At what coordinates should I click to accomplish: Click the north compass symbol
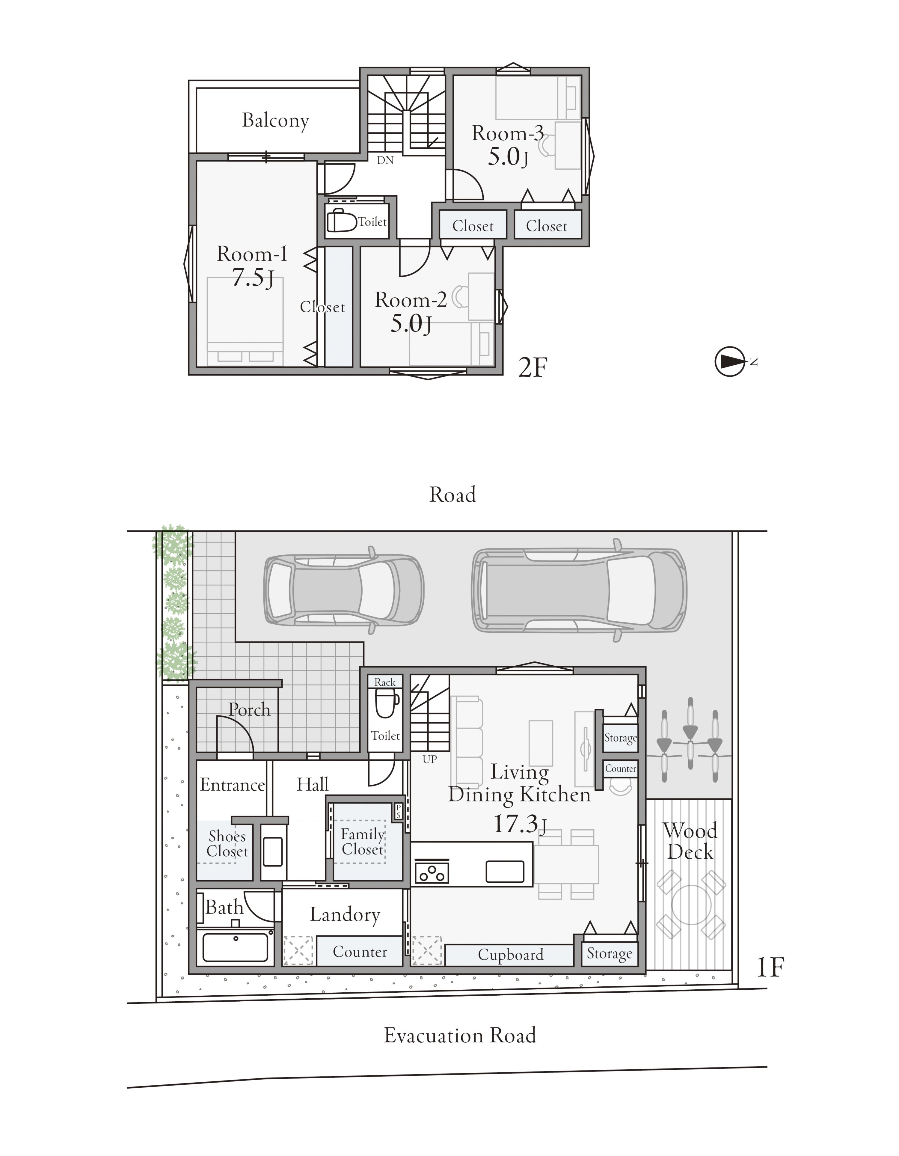coord(730,362)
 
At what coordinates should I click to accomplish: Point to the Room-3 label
coord(507,133)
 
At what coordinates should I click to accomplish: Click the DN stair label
coord(385,160)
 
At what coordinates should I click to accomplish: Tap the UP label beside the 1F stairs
coord(430,759)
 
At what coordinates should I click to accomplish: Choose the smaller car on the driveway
coord(344,590)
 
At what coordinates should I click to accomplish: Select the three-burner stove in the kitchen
coord(432,872)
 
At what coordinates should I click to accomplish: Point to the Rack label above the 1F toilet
coord(385,682)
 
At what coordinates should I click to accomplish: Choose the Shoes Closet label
coord(227,844)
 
